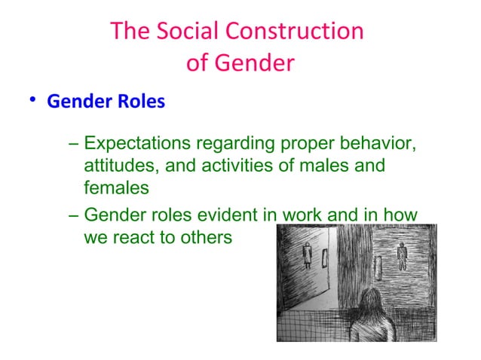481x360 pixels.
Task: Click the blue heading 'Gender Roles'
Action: pyautogui.click(x=106, y=102)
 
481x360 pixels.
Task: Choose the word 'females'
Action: pyautogui.click(x=116, y=187)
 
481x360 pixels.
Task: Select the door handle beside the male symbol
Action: pyautogui.click(x=379, y=267)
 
